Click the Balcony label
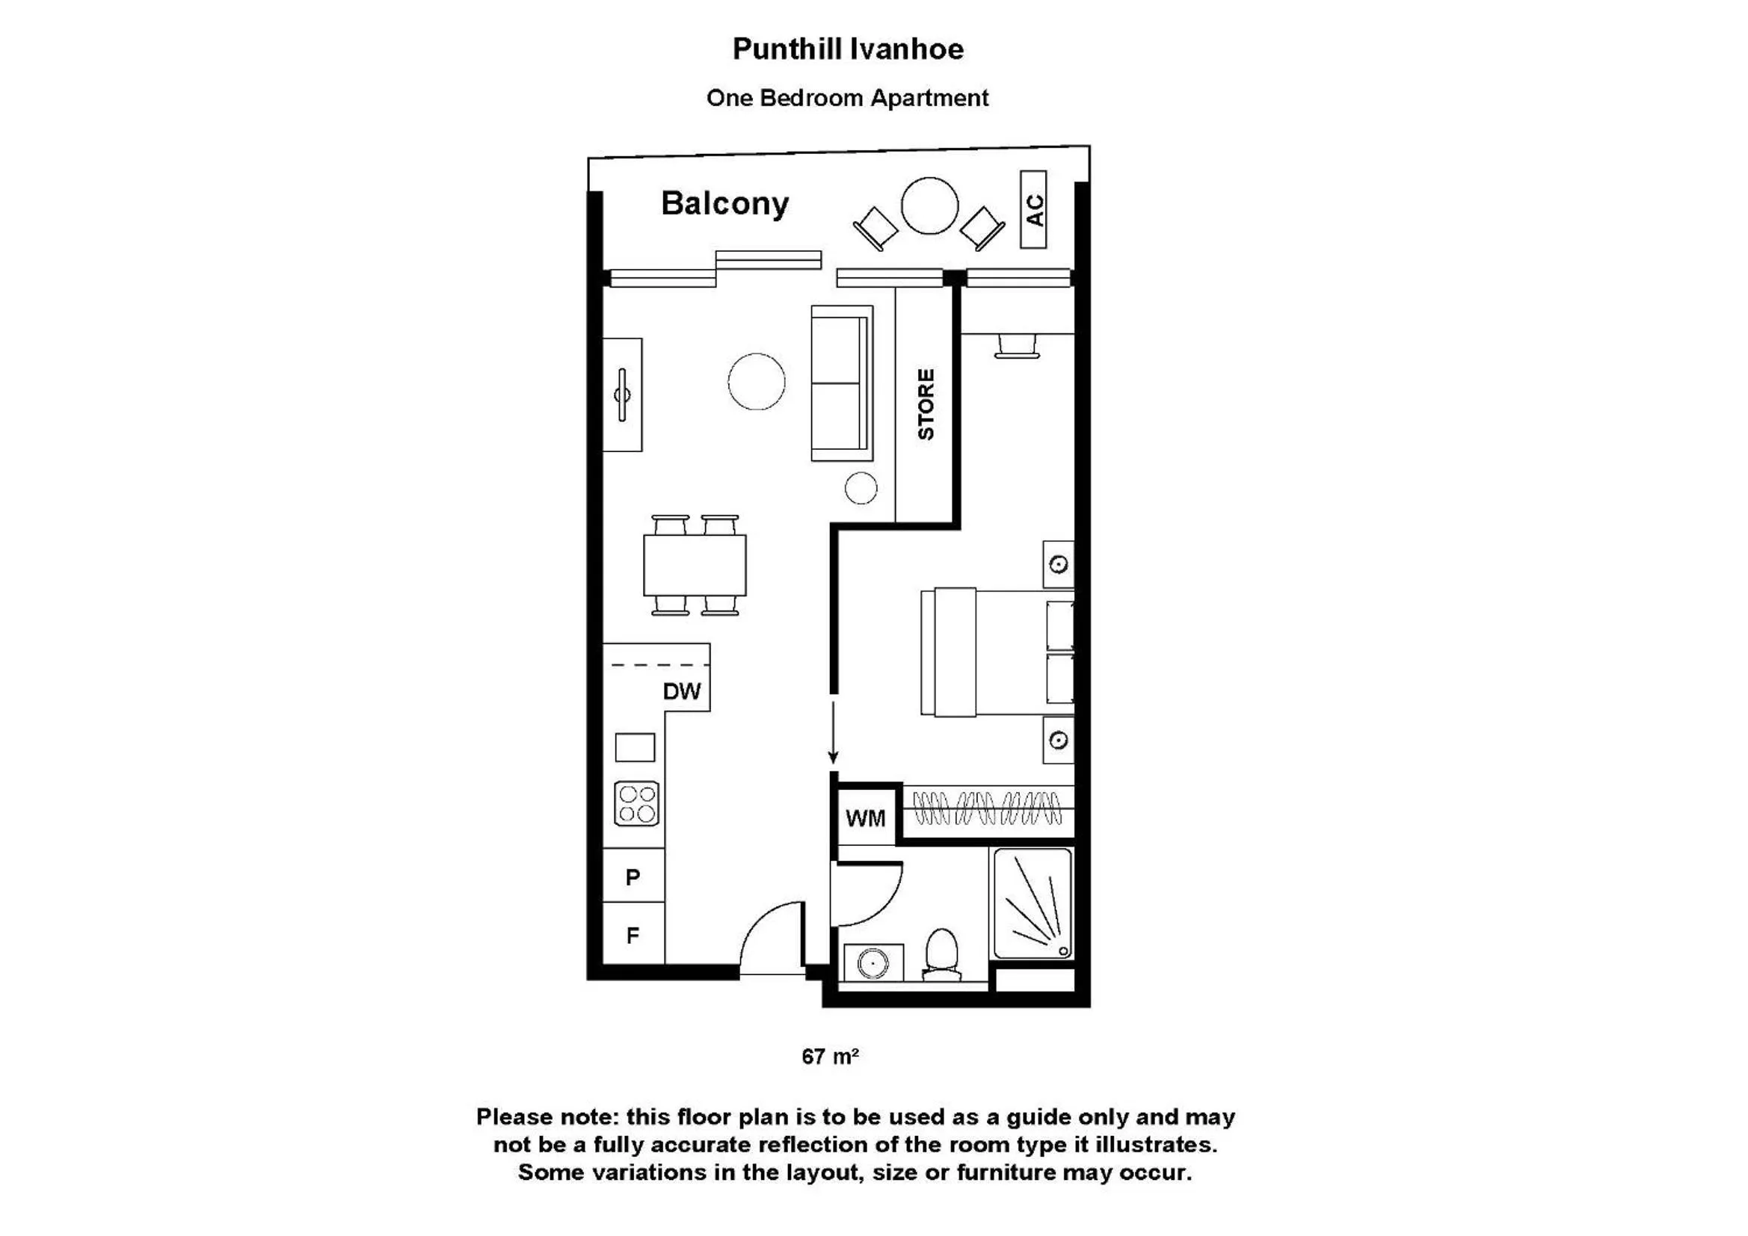[724, 204]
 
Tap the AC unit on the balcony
[1033, 209]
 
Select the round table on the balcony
[929, 206]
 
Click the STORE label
[925, 404]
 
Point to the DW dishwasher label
[681, 691]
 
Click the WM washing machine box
[867, 818]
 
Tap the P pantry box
[633, 875]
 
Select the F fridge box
[633, 933]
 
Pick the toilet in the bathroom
[942, 954]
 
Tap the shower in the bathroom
[1033, 903]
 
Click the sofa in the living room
[842, 383]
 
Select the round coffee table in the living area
[756, 381]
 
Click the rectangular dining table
[695, 566]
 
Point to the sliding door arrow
[834, 732]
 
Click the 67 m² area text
[830, 1057]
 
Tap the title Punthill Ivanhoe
[848, 49]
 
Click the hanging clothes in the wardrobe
[987, 809]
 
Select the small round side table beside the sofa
[861, 488]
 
